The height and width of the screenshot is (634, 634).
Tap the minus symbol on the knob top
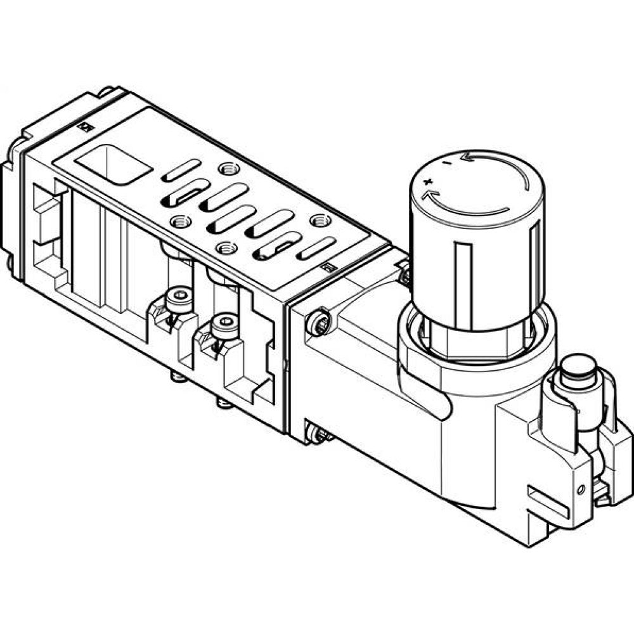(448, 164)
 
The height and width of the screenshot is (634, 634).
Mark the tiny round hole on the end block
(580, 489)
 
